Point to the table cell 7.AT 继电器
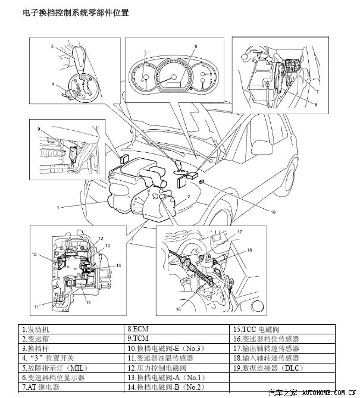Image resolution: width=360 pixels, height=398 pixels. [x=41, y=387]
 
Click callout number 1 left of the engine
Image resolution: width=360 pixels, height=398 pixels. [x=59, y=207]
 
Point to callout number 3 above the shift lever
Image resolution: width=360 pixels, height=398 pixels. [x=52, y=46]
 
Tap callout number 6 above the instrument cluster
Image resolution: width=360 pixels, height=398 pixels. [x=195, y=46]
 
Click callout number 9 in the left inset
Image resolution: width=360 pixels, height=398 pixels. [x=38, y=129]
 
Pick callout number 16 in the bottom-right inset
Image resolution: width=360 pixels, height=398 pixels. [x=178, y=309]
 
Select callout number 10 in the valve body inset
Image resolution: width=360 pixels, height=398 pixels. [x=35, y=255]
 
